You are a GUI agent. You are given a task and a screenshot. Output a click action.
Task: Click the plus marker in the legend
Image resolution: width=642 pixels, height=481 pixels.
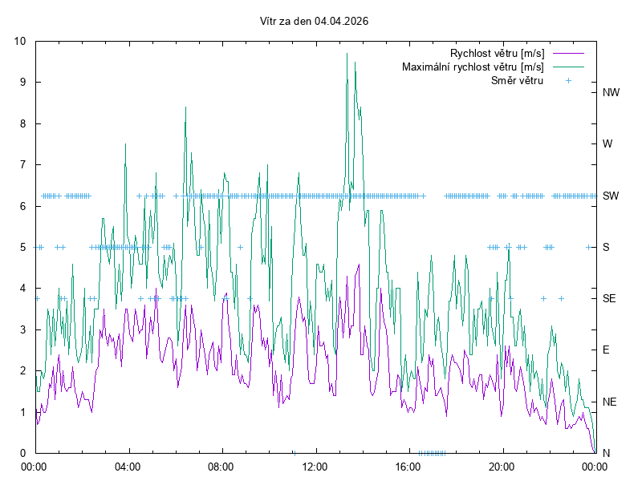568,80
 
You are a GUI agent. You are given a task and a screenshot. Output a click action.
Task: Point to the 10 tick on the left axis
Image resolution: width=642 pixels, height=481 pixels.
20,41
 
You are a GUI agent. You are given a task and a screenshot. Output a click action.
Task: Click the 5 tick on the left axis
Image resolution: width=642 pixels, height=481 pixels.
22,247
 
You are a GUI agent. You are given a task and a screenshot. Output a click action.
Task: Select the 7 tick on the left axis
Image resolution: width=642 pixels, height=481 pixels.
22,164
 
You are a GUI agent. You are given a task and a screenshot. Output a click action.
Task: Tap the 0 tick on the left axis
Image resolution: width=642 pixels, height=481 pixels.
22,453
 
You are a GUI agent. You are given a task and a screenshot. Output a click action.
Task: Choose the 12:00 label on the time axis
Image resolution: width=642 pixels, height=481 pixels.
315,466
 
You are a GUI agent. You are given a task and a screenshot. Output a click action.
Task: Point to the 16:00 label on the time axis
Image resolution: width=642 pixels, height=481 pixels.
408,466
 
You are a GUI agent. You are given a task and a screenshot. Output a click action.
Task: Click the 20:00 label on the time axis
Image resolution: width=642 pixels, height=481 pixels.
502,466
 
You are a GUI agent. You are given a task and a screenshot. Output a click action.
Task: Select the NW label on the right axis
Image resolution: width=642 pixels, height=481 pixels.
612,92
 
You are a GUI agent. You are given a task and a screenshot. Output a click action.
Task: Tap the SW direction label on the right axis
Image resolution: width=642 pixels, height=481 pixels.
612,196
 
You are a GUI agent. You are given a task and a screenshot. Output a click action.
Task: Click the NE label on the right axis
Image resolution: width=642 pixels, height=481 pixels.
611,402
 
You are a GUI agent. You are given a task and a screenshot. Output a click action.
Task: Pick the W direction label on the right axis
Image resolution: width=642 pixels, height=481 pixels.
607,144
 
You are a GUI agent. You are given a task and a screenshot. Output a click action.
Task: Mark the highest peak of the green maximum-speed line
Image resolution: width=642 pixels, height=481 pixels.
347,54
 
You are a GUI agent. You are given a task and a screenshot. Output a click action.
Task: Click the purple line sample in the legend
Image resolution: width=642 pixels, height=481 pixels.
568,53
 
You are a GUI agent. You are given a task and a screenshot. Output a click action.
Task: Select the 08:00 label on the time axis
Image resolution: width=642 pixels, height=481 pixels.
221,466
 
